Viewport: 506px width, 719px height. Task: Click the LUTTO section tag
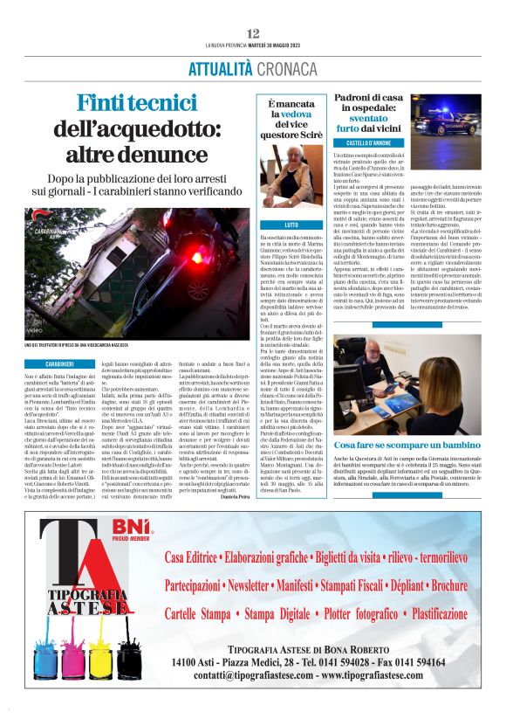[x=268, y=225]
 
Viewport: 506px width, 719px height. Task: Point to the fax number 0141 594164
[x=424, y=660]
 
